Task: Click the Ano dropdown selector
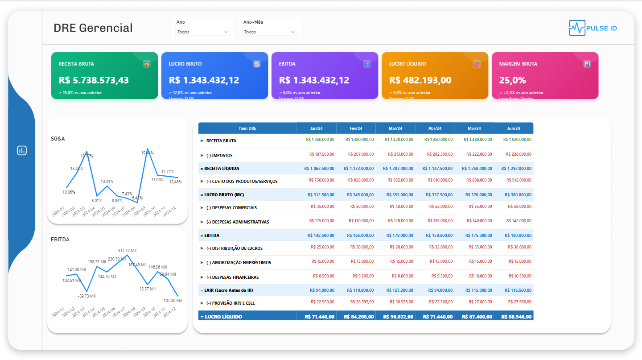point(203,32)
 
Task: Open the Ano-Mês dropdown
point(270,32)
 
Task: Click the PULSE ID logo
point(593,28)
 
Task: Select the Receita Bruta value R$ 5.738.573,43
point(94,80)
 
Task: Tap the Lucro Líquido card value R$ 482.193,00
point(420,80)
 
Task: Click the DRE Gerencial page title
point(93,28)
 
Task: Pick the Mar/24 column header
point(395,128)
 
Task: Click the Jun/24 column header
point(513,128)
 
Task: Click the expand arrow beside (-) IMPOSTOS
point(202,156)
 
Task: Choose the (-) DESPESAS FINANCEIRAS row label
point(232,277)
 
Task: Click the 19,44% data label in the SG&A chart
point(148,153)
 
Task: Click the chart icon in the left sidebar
point(22,150)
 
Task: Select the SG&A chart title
point(58,139)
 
